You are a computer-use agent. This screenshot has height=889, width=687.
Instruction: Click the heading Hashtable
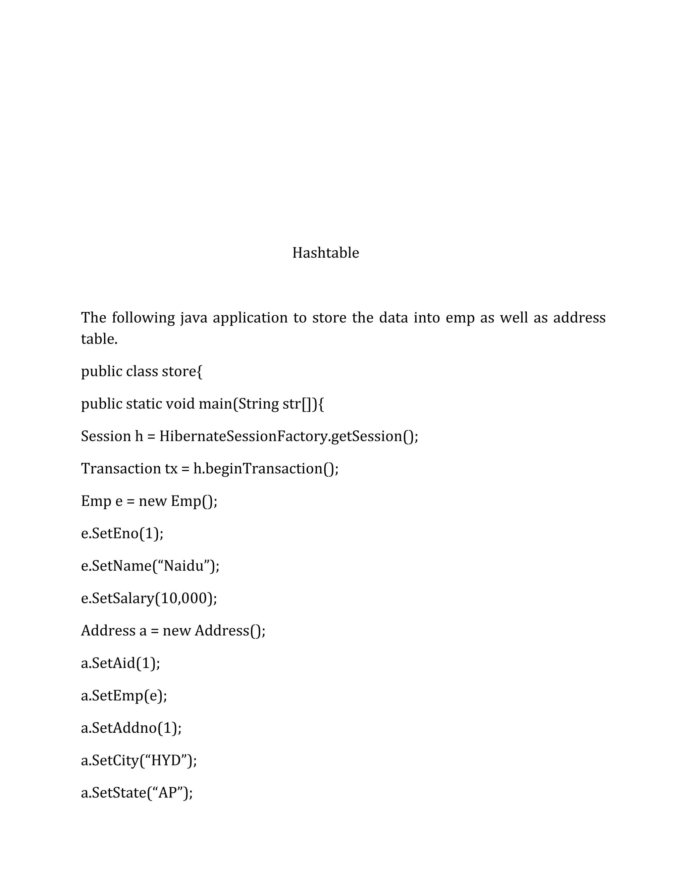click(x=326, y=253)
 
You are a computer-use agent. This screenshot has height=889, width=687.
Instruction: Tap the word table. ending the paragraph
click(x=99, y=339)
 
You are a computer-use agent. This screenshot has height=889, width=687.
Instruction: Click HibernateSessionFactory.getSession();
click(x=288, y=436)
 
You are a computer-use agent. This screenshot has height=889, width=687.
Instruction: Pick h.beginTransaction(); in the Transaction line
click(x=266, y=469)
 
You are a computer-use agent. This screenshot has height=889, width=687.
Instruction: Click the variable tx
click(x=171, y=469)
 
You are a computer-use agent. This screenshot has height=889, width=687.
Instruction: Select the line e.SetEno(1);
click(x=122, y=533)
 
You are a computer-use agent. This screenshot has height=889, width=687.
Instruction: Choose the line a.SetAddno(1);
click(x=131, y=728)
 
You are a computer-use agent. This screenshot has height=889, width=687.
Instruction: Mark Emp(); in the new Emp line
click(x=194, y=501)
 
